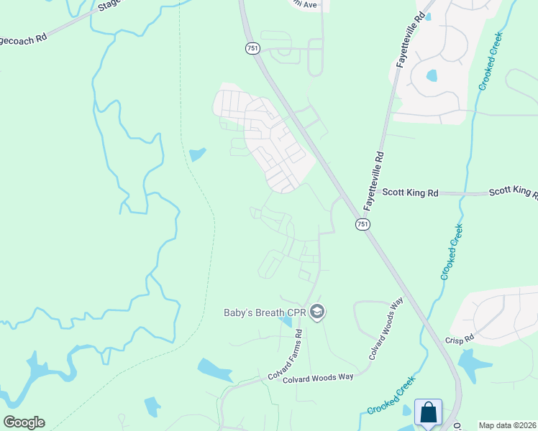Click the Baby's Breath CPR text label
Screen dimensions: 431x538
(265, 313)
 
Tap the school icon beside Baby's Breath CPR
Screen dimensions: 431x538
(319, 312)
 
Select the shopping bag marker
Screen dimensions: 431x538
(428, 412)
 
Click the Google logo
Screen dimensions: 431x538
(24, 422)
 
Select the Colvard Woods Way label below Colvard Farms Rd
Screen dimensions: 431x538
(317, 379)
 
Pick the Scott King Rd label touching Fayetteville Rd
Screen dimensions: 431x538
(410, 193)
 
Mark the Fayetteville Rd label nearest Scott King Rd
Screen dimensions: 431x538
(373, 180)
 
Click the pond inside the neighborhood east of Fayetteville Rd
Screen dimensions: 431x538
(432, 75)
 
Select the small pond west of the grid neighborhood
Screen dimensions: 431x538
(197, 154)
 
